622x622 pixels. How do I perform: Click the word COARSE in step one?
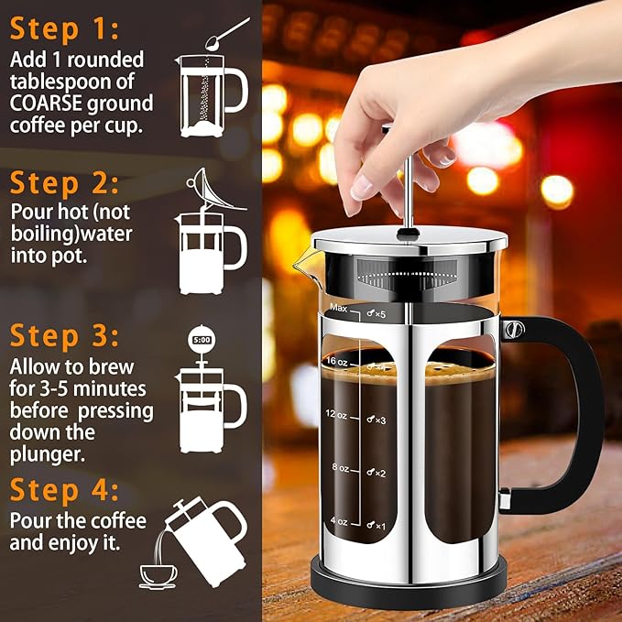click(x=47, y=104)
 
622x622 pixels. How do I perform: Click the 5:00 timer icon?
click(x=201, y=340)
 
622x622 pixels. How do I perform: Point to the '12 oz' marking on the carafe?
click(x=337, y=415)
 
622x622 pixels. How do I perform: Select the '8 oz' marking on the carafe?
click(x=340, y=468)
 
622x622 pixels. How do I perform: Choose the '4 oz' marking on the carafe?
click(x=340, y=522)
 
